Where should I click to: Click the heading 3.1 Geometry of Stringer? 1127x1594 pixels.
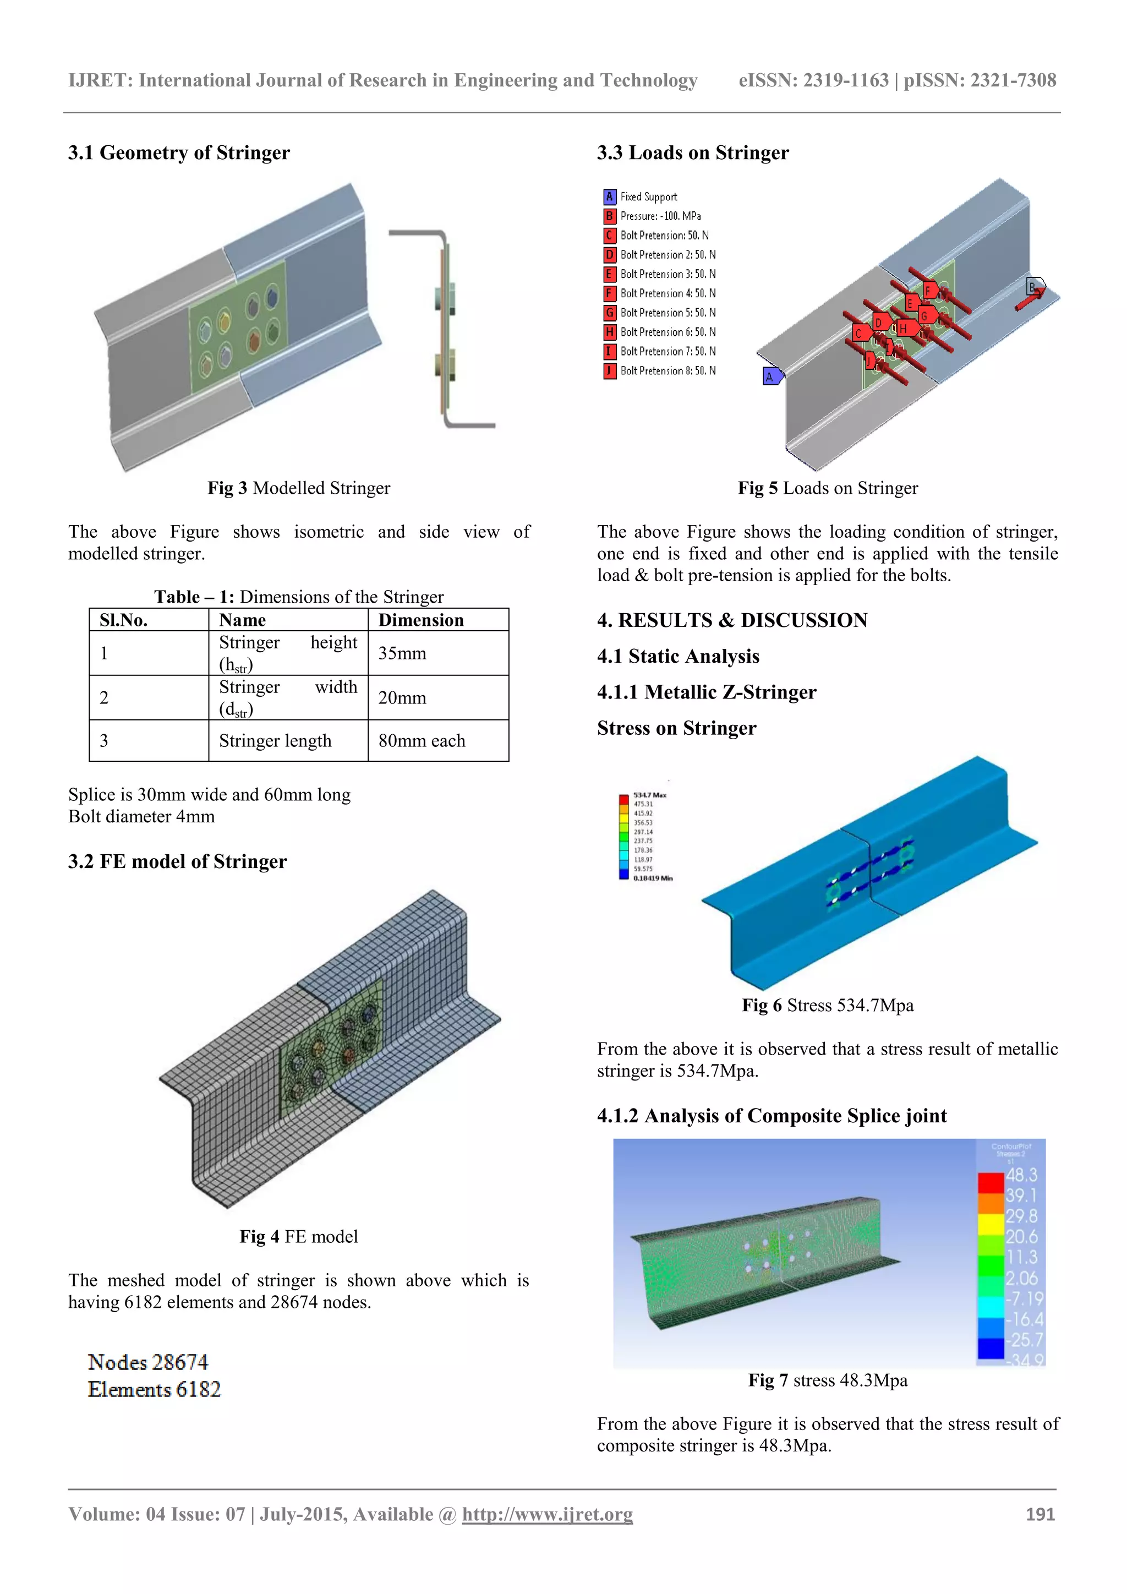tap(178, 152)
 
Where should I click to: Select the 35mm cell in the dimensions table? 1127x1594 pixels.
tap(402, 653)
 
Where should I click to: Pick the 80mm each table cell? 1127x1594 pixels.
tap(421, 741)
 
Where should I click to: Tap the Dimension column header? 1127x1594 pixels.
tap(420, 620)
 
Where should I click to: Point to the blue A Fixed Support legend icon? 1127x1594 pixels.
tap(609, 196)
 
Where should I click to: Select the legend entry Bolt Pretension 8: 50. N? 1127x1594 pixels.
tap(668, 371)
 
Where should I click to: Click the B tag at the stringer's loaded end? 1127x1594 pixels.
tap(1032, 287)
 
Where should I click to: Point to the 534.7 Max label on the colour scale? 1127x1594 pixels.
tap(649, 795)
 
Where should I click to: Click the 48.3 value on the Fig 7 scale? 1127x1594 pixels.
tap(1021, 1175)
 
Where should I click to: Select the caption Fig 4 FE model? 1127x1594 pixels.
tap(298, 1236)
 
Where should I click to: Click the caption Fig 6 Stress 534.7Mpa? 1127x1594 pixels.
tap(827, 1005)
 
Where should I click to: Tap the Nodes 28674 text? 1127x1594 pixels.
tap(148, 1362)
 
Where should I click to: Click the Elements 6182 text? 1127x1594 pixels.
tap(154, 1389)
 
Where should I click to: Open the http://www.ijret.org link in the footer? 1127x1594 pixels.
tap(547, 1514)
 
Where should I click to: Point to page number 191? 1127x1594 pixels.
tap(1040, 1514)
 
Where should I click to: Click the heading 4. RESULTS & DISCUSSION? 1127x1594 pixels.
tap(732, 620)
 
